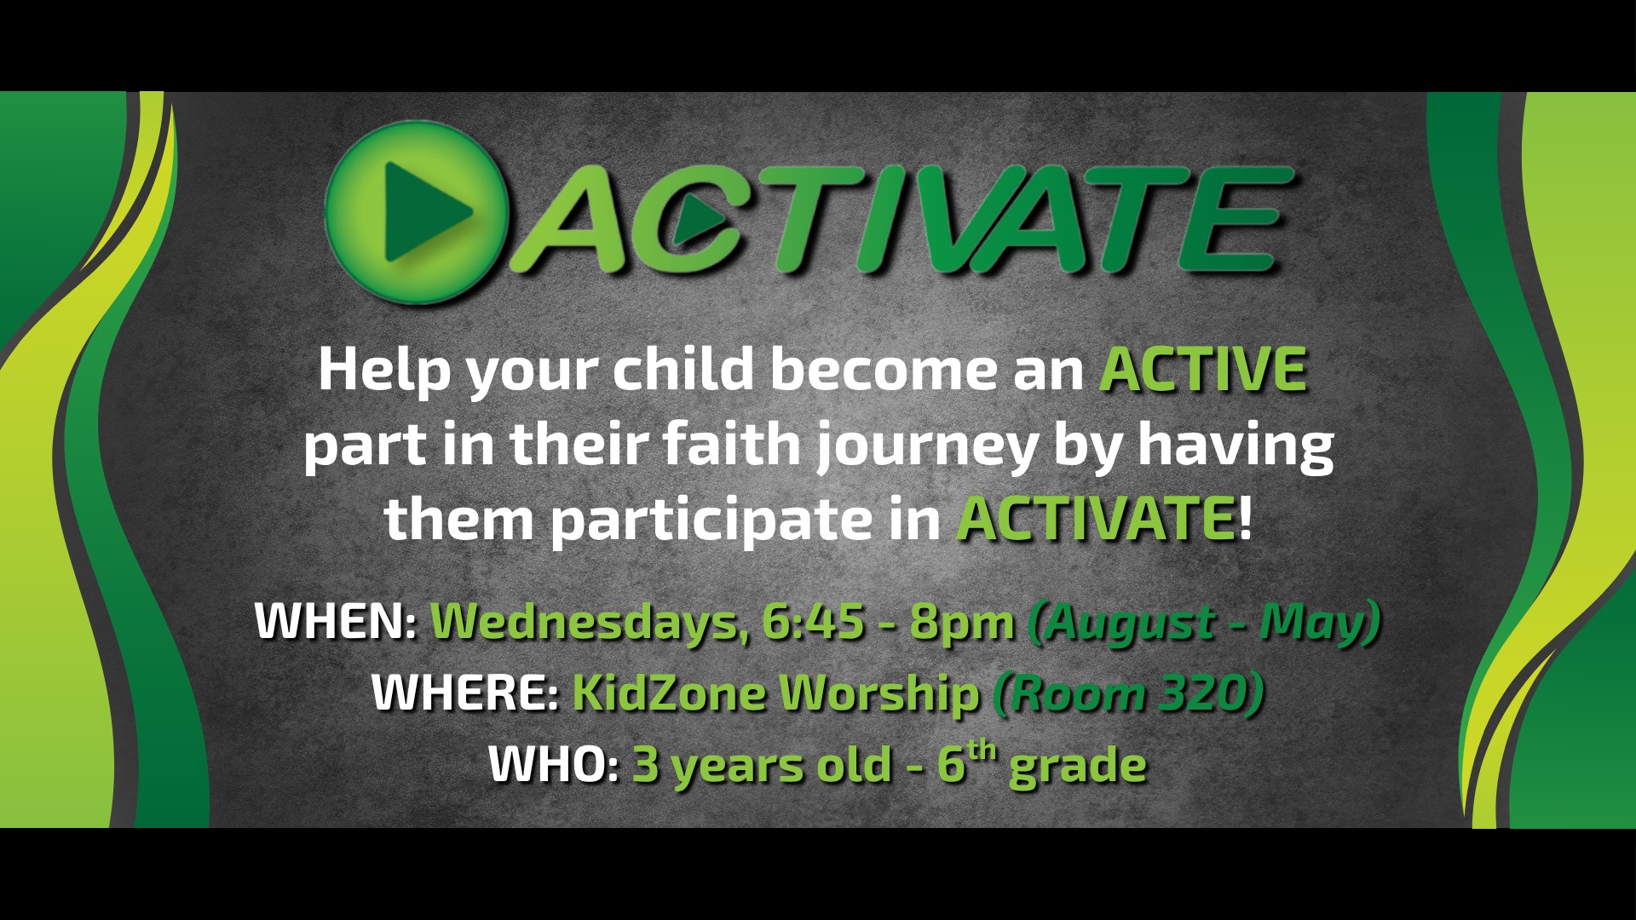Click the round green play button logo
pyautogui.click(x=416, y=212)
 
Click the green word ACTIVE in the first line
pyautogui.click(x=1203, y=369)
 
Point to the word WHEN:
pyautogui.click(x=336, y=621)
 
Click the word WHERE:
pyautogui.click(x=465, y=693)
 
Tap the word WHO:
pyautogui.click(x=554, y=764)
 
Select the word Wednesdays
pyautogui.click(x=584, y=622)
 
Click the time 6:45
pyautogui.click(x=813, y=621)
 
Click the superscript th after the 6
pyautogui.click(x=982, y=750)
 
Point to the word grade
pyautogui.click(x=1077, y=768)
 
